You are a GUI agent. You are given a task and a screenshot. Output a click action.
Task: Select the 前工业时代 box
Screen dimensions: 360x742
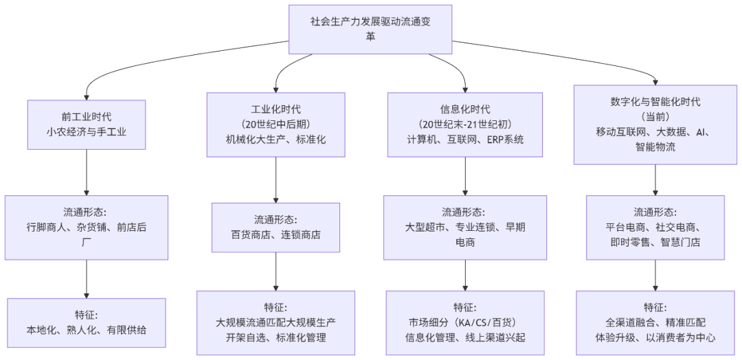coord(87,124)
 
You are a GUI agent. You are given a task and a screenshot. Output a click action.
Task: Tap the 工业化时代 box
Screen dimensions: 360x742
coord(276,124)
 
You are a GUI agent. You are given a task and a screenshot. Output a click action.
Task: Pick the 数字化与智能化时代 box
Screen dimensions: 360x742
coord(655,124)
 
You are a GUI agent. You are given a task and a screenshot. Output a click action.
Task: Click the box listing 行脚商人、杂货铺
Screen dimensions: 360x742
coord(87,227)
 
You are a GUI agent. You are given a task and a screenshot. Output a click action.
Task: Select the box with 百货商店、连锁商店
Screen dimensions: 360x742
coord(276,227)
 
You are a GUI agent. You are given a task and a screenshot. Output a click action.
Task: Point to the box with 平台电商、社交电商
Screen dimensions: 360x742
coord(655,227)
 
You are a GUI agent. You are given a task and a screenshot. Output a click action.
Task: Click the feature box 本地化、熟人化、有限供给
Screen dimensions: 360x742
coord(87,322)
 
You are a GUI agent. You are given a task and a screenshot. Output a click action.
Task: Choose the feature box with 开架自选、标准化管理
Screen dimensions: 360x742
coord(276,322)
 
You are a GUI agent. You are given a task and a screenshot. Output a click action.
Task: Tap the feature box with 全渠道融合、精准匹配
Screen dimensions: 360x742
coord(655,322)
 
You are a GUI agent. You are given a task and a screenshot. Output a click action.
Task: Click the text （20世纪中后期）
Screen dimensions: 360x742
coord(276,124)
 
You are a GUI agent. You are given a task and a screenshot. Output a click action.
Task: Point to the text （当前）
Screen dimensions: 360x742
coord(655,116)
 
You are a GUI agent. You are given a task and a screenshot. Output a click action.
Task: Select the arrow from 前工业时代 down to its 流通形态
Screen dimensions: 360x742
coord(87,172)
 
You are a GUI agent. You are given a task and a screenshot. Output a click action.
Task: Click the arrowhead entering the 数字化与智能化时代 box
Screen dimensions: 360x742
coord(655,80)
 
